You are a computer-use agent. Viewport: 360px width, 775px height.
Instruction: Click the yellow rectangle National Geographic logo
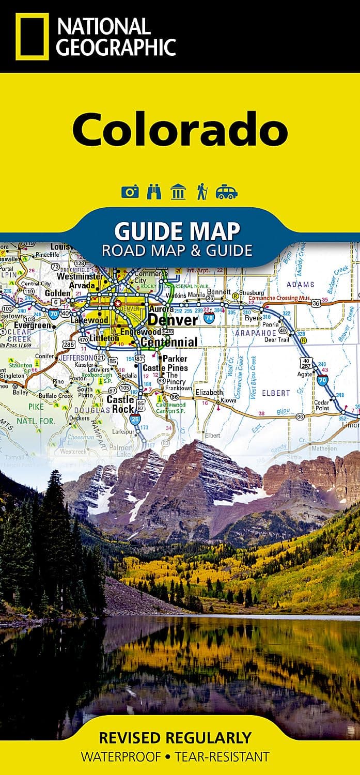(x=32, y=36)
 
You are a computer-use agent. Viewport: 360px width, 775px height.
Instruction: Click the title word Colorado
(x=179, y=129)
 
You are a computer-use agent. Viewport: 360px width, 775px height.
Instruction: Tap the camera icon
(x=130, y=192)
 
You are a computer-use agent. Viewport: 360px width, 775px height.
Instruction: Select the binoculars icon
(x=154, y=192)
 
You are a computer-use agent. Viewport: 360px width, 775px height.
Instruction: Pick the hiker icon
(x=201, y=192)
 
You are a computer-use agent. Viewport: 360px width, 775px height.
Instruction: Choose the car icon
(x=226, y=193)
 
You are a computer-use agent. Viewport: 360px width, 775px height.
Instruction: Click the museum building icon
(x=178, y=192)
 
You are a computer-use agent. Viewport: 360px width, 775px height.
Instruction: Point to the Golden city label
(x=57, y=293)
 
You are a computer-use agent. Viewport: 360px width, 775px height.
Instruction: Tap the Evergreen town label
(x=32, y=326)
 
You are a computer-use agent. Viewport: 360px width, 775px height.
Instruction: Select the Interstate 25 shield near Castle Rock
(x=135, y=419)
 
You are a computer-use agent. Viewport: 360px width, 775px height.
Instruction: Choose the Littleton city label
(x=104, y=338)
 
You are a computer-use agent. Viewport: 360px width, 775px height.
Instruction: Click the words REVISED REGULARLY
(x=175, y=737)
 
